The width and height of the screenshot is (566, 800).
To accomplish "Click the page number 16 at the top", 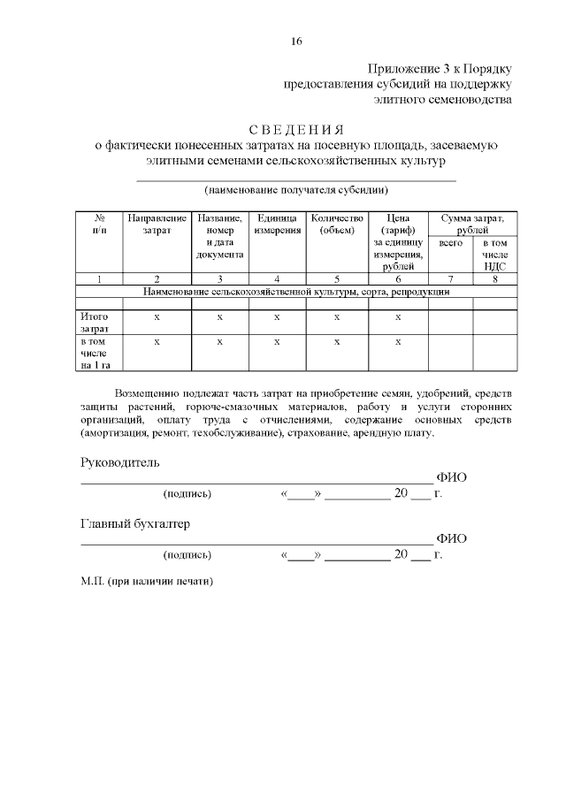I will (297, 41).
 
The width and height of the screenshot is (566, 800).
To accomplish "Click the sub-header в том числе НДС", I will (494, 254).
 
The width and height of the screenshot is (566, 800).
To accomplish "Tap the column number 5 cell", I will (337, 279).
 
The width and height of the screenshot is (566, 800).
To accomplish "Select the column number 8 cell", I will (494, 279).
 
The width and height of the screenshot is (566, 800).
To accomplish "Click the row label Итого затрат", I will (95, 323).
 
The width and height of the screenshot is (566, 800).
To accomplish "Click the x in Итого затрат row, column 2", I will (157, 316).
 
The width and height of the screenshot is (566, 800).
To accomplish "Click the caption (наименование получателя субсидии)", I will (296, 189).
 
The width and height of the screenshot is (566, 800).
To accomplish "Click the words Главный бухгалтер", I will (134, 524).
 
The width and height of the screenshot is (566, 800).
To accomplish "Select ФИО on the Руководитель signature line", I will (452, 477).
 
